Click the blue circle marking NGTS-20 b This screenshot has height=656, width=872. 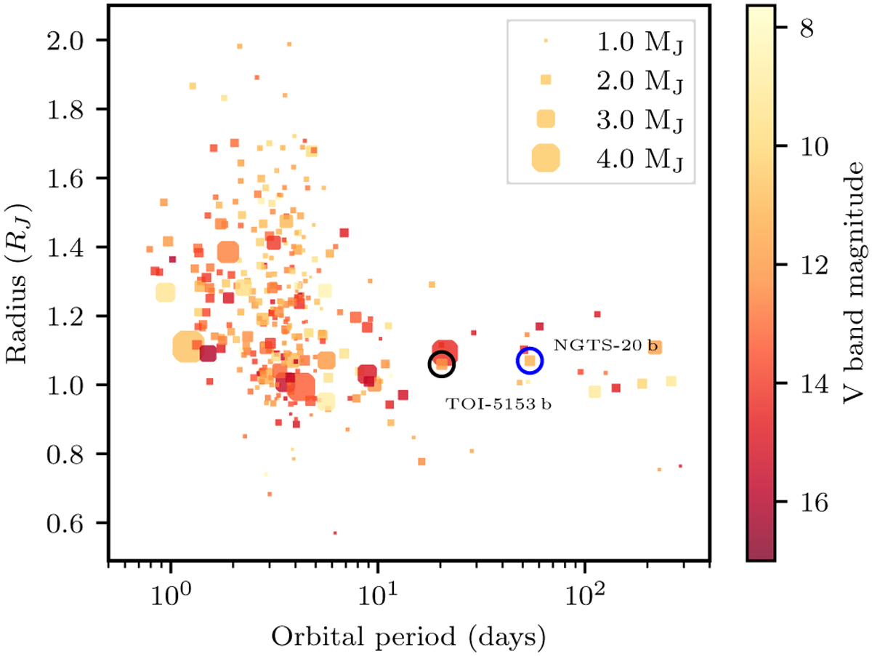click(x=530, y=359)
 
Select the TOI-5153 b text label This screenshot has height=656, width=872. click(x=498, y=404)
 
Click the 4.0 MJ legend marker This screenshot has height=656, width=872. click(x=546, y=158)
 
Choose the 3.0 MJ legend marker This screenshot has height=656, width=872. click(x=546, y=118)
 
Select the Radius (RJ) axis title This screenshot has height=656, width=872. click(x=20, y=282)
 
